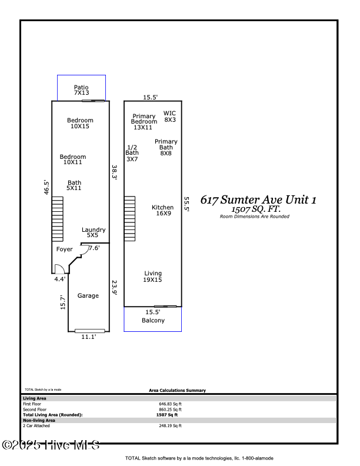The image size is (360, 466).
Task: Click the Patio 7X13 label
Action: [81, 90]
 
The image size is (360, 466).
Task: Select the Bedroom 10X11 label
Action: [74, 159]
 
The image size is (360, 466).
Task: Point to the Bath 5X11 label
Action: [74, 185]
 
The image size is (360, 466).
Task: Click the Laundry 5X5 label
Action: [93, 232]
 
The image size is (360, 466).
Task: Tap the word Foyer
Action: [64, 249]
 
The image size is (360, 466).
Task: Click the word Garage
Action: [88, 296]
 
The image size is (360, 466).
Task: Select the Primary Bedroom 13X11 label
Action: [144, 122]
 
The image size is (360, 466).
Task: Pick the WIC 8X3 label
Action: [170, 116]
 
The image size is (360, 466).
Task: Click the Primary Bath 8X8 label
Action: [166, 147]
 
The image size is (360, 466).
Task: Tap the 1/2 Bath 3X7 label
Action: [132, 153]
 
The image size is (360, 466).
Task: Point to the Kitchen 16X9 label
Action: [163, 211]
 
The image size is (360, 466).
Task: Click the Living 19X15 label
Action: [153, 277]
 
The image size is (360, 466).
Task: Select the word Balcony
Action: [153, 321]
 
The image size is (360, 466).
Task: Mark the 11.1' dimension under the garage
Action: [88, 337]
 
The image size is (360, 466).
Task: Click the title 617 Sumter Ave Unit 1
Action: [259, 200]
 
